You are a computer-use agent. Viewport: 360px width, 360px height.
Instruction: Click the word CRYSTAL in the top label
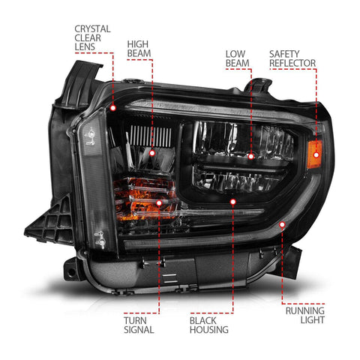click(92, 29)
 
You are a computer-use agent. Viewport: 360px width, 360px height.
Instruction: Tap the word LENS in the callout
click(85, 46)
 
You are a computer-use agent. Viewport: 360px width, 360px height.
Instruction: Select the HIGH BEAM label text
click(139, 49)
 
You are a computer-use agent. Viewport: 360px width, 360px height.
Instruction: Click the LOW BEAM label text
click(237, 58)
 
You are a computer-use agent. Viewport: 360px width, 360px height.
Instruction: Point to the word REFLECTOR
click(292, 63)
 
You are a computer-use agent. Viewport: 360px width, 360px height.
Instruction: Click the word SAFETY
click(284, 54)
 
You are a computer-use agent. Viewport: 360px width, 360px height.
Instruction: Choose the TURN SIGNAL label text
click(139, 325)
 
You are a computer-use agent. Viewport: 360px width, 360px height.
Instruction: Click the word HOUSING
click(209, 329)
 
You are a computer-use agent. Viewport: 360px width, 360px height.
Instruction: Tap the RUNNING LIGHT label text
click(305, 315)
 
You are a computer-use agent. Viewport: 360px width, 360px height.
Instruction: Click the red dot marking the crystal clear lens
click(113, 108)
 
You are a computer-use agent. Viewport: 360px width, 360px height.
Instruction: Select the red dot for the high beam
click(152, 153)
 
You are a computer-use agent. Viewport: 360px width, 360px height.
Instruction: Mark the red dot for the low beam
click(251, 157)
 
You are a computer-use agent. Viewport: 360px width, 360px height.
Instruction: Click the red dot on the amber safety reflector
click(316, 155)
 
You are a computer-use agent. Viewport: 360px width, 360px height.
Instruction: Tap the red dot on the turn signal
click(159, 202)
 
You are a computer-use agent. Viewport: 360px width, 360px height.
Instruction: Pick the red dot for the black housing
click(233, 202)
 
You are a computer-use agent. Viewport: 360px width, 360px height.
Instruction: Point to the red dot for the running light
click(282, 225)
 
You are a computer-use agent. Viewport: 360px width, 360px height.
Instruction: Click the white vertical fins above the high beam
click(151, 136)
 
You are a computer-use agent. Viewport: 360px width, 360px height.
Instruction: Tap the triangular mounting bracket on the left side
click(50, 223)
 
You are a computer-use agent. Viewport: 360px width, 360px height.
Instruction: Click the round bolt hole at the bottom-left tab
click(71, 272)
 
